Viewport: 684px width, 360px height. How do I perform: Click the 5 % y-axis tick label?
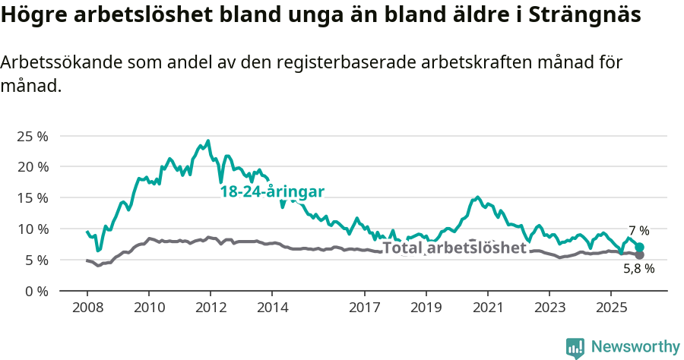[x=36, y=261]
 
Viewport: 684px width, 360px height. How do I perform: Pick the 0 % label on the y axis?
[x=36, y=292]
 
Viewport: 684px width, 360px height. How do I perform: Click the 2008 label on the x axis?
[x=87, y=308]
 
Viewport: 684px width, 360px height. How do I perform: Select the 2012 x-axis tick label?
[x=210, y=308]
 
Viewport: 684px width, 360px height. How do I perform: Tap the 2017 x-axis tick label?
[x=364, y=308]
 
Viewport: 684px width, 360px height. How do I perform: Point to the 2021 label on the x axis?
[x=487, y=308]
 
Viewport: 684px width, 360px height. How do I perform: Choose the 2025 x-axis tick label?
[x=610, y=308]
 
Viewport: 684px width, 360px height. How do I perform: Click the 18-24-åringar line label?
[x=272, y=192]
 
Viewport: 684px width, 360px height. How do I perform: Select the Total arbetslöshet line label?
[x=454, y=248]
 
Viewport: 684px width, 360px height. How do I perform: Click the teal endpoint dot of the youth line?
[x=639, y=247]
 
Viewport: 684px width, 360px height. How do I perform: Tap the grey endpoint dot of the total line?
[x=639, y=254]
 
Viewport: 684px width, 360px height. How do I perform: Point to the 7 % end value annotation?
[x=638, y=231]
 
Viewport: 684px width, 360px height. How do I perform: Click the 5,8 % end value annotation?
[x=638, y=268]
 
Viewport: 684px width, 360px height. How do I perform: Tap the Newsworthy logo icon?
[x=575, y=347]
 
